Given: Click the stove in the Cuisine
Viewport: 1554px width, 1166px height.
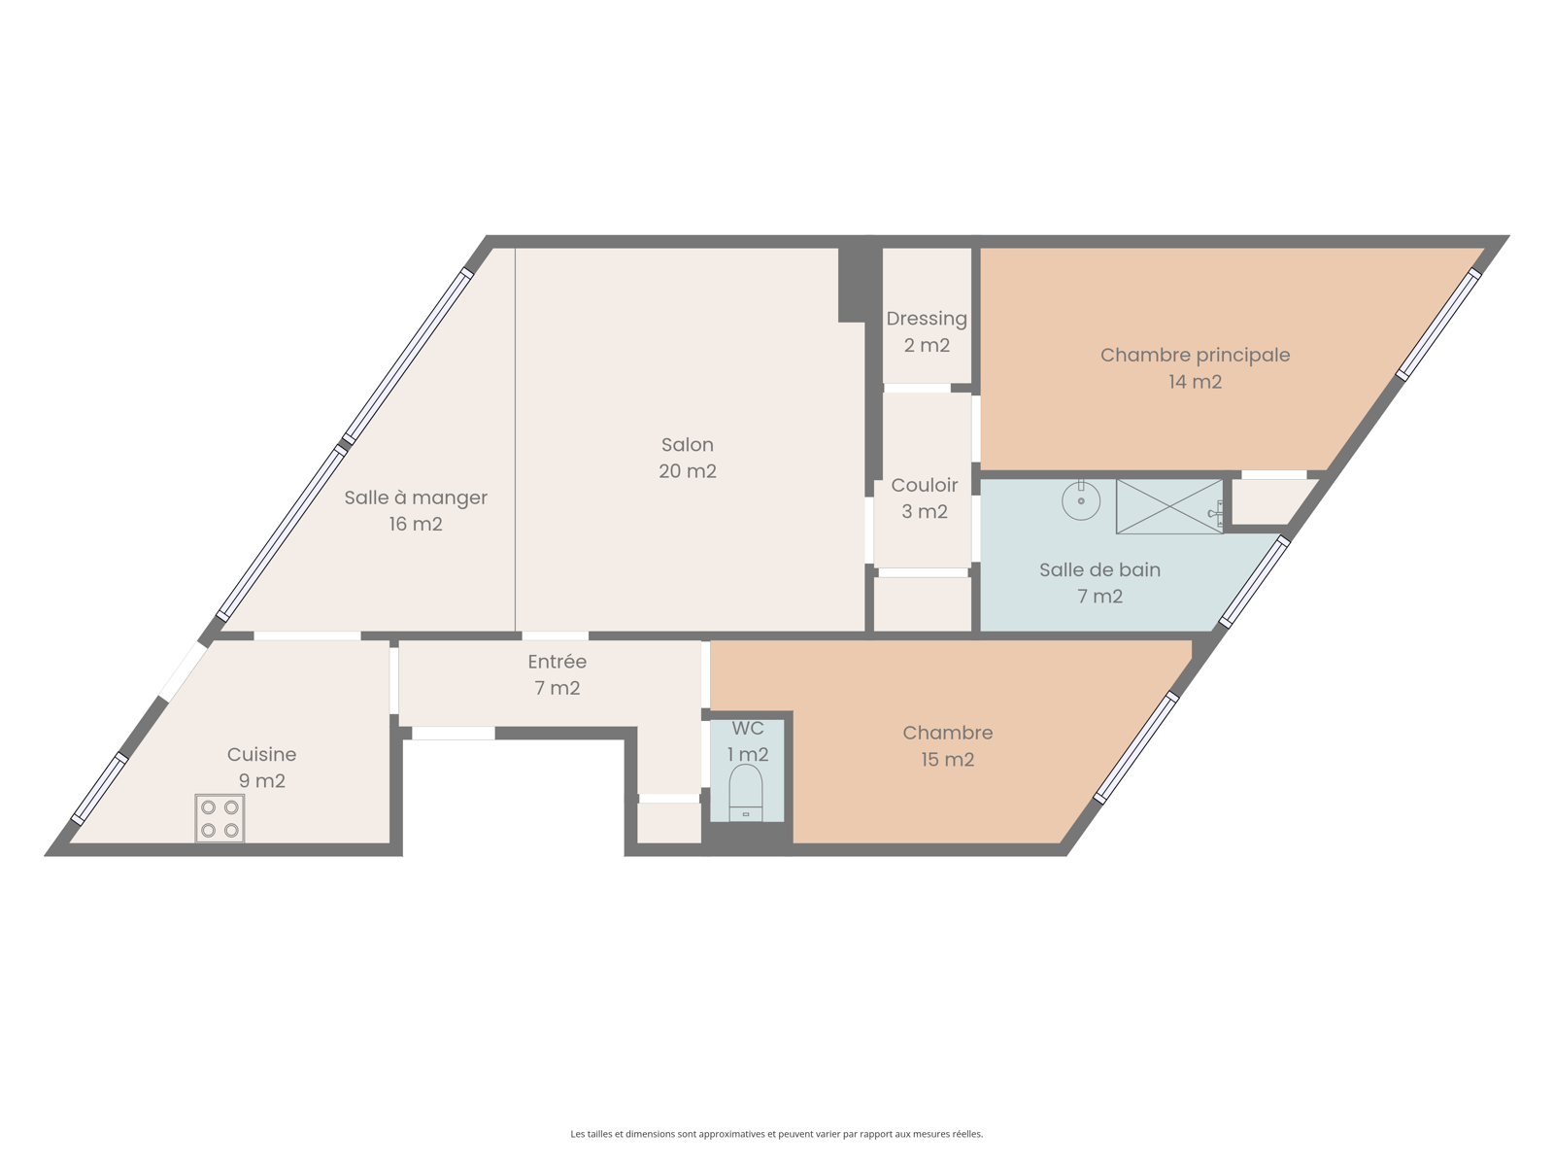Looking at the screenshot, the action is coord(220,818).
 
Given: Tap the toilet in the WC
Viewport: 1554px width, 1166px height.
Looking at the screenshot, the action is coord(746,793).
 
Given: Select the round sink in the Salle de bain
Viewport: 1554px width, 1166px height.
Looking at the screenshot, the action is coord(1081,499).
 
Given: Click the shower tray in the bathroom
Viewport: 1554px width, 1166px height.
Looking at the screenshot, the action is coord(1169,506).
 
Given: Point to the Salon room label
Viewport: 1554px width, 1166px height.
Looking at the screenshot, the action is coord(688,445).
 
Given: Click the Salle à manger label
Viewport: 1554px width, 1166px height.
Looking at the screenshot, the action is coord(416,497).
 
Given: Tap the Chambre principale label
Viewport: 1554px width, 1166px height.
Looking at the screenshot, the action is coord(1195,356).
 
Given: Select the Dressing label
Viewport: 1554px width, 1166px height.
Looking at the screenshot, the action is coord(927,320).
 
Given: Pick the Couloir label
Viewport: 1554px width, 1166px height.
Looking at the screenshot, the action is coord(924,485).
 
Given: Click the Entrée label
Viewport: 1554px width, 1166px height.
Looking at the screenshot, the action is coord(557,662).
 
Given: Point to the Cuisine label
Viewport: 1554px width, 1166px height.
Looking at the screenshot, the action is coord(261,754).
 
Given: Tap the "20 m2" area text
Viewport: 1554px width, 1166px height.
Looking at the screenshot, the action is coord(688,471).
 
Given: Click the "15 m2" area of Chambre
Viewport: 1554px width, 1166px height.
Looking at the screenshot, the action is coord(947,759).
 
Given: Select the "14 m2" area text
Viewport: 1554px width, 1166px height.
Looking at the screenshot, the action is coord(1195,382).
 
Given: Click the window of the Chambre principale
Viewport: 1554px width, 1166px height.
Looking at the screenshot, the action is coord(1437,325).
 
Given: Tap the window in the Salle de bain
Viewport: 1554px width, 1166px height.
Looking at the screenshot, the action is coord(1254,582).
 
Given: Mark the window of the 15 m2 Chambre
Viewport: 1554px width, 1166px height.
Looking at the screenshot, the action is coord(1135,747).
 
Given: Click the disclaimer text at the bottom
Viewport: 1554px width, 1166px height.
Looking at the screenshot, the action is coord(777,1133).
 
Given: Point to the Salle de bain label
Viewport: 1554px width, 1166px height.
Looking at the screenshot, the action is coord(1099,570).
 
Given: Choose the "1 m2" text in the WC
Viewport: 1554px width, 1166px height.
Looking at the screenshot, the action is coord(748,754).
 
